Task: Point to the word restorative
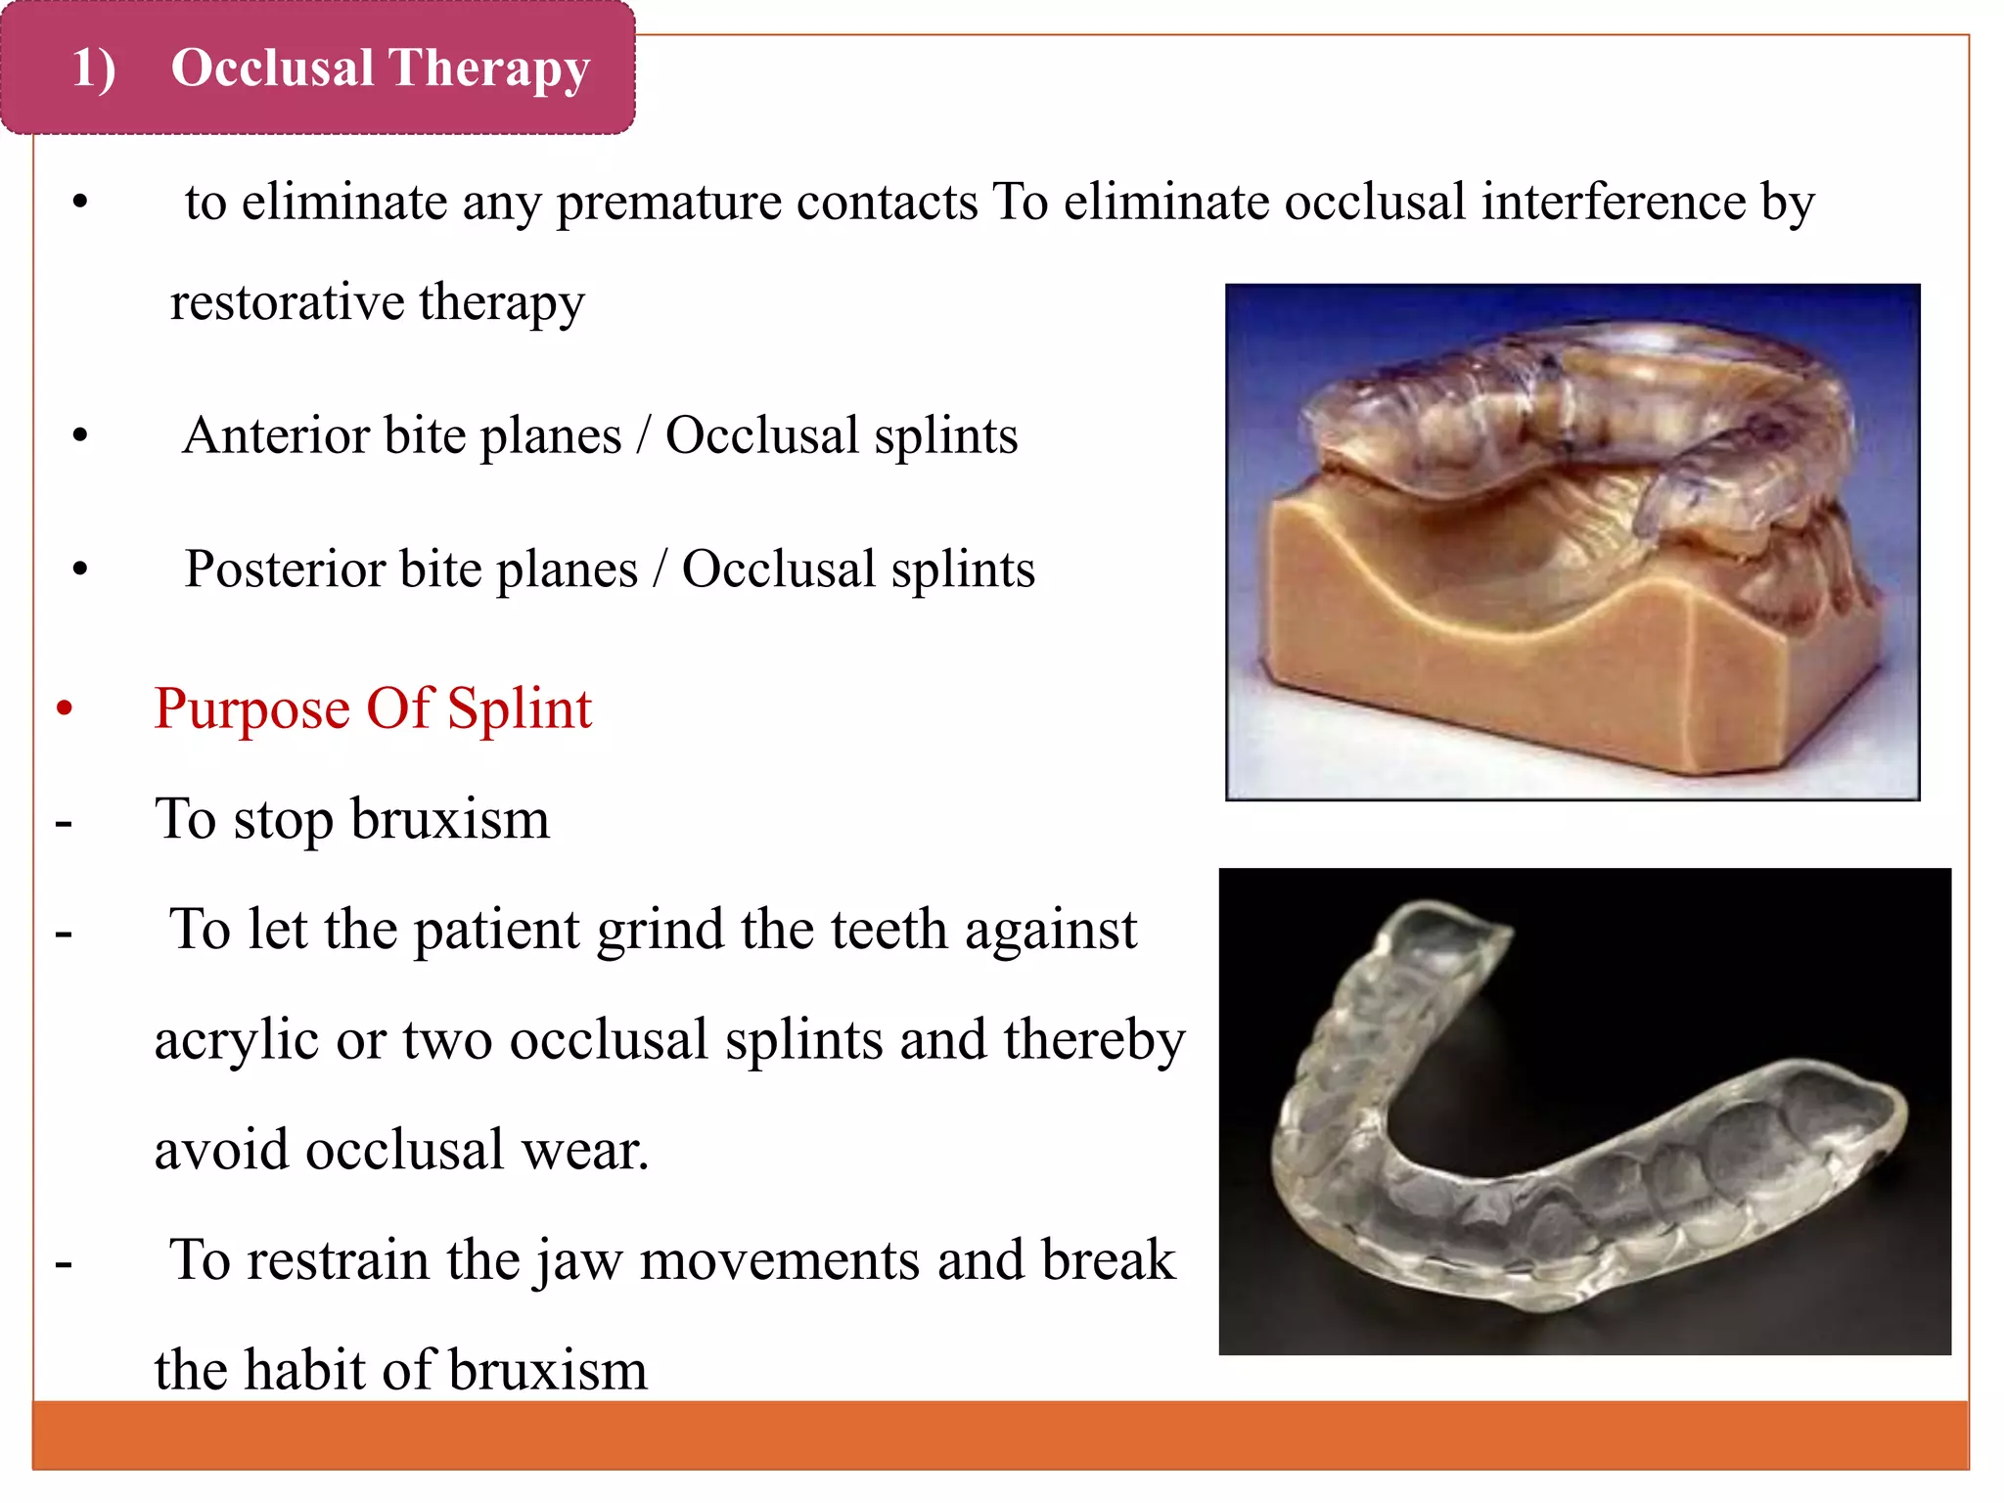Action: pyautogui.click(x=287, y=301)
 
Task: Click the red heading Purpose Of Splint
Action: pyautogui.click(x=373, y=708)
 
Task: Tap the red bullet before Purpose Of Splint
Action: pyautogui.click(x=65, y=708)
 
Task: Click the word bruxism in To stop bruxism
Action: pyautogui.click(x=450, y=820)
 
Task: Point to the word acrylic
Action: pyautogui.click(x=236, y=1041)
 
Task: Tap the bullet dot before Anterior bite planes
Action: pyautogui.click(x=80, y=436)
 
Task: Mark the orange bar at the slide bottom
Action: pyautogui.click(x=998, y=1435)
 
